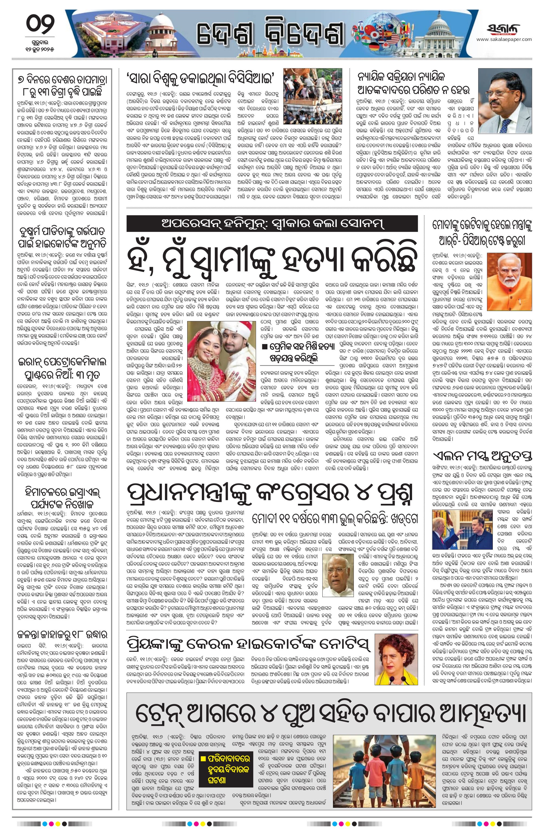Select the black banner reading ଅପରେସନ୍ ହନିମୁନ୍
[272, 223]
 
